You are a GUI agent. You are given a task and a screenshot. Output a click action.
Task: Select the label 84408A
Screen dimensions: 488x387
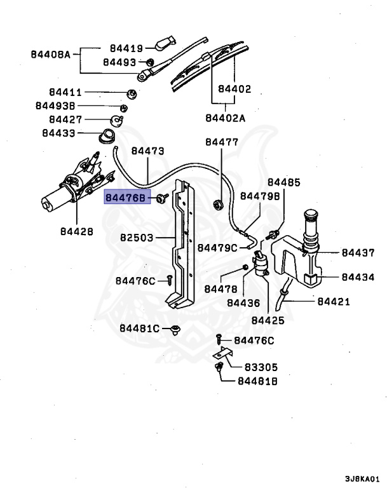point(50,55)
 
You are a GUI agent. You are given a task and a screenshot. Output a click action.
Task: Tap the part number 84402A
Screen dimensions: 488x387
point(225,118)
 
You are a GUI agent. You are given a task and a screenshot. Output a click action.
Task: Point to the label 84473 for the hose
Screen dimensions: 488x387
point(148,151)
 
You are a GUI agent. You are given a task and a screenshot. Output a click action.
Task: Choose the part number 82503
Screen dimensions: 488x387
point(138,238)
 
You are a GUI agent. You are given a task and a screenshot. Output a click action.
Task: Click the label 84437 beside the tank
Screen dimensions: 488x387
point(358,253)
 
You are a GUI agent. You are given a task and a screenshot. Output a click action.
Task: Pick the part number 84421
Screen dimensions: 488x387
point(334,301)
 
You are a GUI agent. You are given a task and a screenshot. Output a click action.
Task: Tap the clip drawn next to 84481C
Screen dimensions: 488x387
point(175,329)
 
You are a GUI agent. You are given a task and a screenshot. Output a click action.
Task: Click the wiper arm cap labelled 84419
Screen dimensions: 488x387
point(163,44)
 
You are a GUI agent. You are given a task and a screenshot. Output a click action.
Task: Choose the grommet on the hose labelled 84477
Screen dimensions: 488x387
point(219,204)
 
